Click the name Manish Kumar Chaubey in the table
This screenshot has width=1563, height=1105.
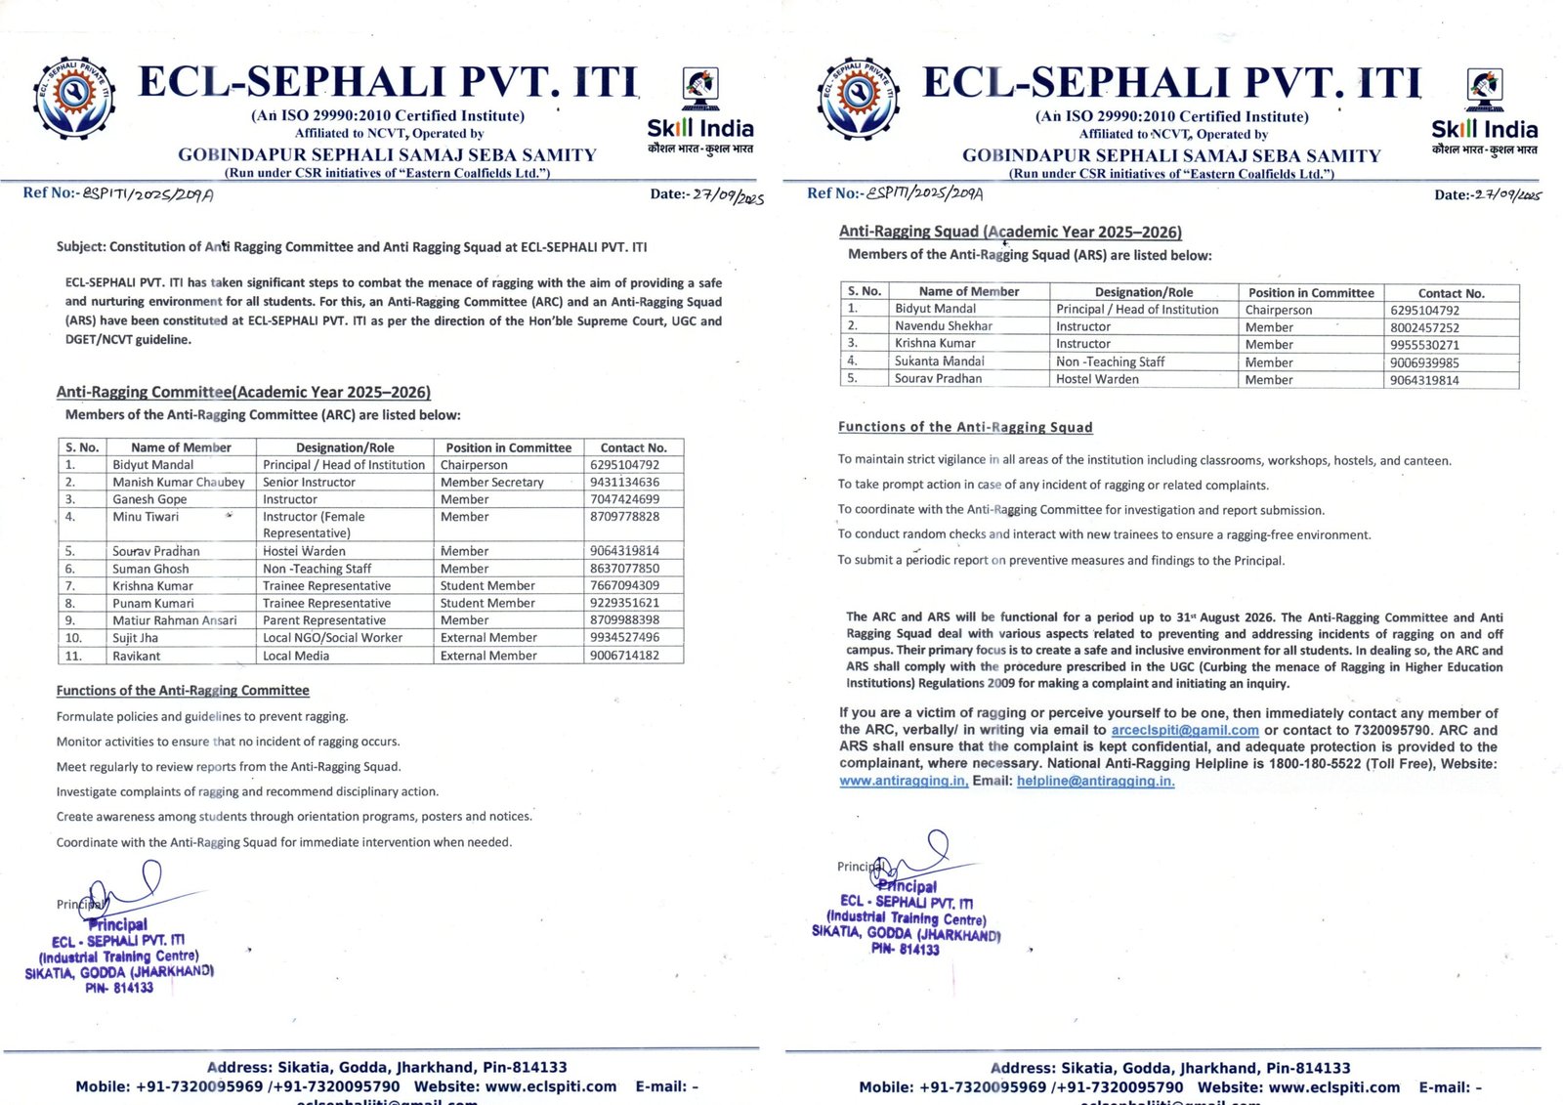(x=178, y=482)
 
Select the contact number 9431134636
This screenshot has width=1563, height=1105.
(x=624, y=482)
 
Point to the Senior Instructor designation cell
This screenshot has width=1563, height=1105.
(x=309, y=482)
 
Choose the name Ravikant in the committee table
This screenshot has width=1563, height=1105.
(x=137, y=656)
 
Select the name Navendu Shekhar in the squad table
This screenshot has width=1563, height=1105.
(x=944, y=326)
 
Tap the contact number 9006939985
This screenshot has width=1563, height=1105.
(x=1424, y=362)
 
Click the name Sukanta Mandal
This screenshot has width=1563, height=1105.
(x=940, y=361)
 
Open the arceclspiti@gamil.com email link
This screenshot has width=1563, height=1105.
(x=1185, y=730)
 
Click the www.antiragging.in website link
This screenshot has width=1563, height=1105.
(x=904, y=781)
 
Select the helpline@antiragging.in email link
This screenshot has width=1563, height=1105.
(x=1095, y=781)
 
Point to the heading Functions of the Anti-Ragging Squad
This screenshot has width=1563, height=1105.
(x=965, y=427)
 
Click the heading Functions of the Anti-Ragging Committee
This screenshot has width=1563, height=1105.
(x=183, y=691)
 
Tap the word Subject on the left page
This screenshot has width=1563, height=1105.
(x=79, y=247)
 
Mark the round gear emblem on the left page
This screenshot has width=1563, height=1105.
(x=74, y=98)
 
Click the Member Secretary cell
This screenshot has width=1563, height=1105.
(x=491, y=482)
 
